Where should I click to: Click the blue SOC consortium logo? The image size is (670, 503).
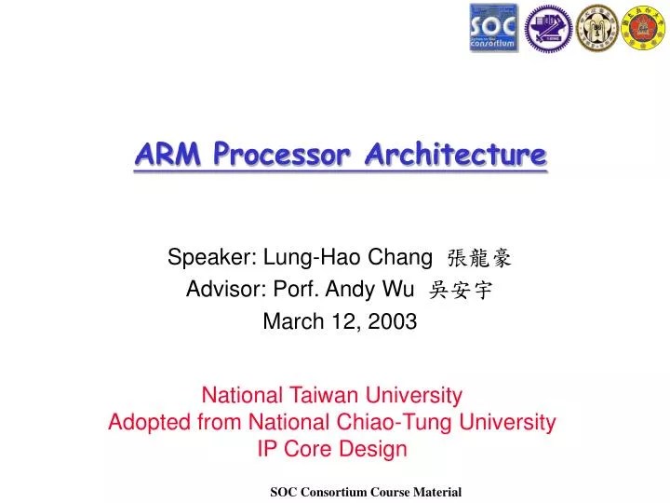point(493,28)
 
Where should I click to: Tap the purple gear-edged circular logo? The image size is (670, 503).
point(548,28)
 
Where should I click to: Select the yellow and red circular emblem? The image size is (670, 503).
point(644,28)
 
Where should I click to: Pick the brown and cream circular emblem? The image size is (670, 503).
point(596,28)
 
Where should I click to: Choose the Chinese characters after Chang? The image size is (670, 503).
point(479,259)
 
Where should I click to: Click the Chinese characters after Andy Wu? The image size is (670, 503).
point(461,291)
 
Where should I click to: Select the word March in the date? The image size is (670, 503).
point(290,321)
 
